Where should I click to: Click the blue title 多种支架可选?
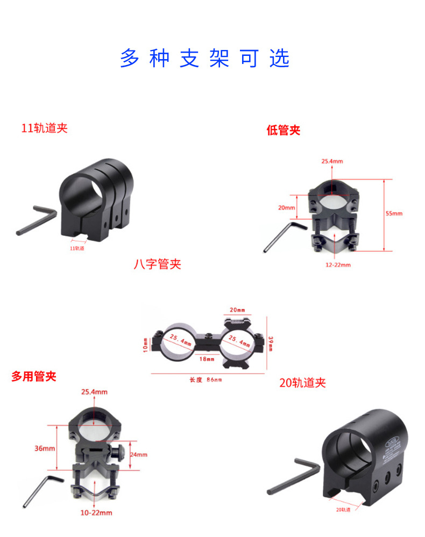[x=204, y=58]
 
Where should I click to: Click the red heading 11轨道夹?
[x=44, y=128]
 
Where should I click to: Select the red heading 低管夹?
[x=283, y=130]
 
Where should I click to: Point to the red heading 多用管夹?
[x=34, y=376]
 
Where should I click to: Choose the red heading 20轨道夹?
[x=302, y=383]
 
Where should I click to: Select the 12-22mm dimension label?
[x=337, y=265]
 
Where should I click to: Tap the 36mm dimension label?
[x=44, y=448]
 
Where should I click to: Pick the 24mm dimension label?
[x=138, y=454]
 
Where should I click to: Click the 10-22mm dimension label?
[x=96, y=513]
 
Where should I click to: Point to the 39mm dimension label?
[x=271, y=342]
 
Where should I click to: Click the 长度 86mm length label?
[x=206, y=380]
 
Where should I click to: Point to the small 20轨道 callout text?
[x=343, y=509]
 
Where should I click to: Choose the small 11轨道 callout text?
[x=77, y=248]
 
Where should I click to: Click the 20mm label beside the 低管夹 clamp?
[x=287, y=207]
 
